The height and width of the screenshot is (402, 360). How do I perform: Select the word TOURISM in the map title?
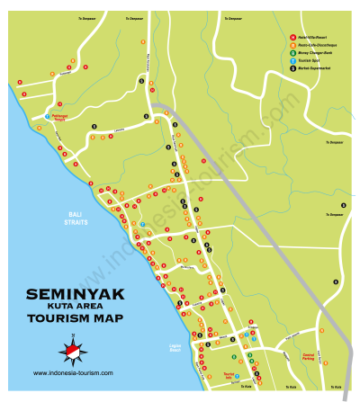(56, 317)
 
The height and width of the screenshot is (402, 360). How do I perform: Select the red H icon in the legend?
(292, 37)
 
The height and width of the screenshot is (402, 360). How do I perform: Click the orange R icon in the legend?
(292, 45)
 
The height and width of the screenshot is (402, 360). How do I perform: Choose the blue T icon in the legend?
(292, 61)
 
